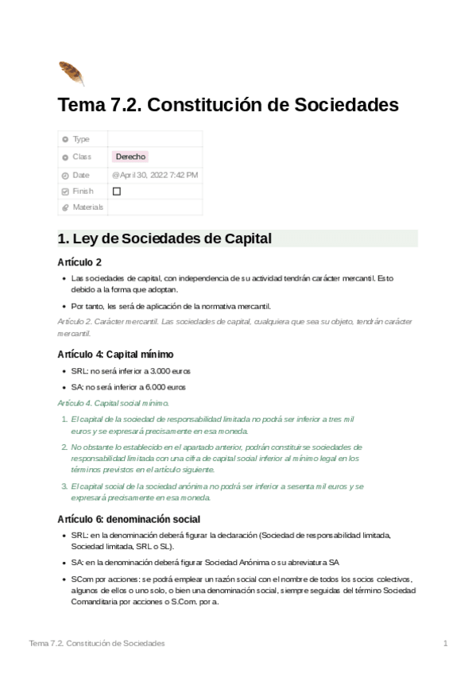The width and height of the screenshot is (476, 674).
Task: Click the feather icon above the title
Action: click(x=71, y=73)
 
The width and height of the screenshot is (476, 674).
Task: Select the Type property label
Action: click(x=81, y=139)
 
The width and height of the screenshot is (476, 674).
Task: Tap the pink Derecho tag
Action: click(x=130, y=157)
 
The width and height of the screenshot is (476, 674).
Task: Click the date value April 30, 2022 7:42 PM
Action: click(x=155, y=174)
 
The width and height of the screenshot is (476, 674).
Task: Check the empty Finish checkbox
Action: click(x=117, y=192)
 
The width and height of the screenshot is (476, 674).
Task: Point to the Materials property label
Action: click(x=88, y=207)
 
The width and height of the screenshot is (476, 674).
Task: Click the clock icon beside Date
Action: click(x=65, y=175)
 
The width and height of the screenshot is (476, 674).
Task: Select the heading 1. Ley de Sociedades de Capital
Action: click(x=164, y=238)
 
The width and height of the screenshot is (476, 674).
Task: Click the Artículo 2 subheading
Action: click(x=79, y=262)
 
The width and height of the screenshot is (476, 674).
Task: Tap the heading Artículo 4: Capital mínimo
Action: click(x=115, y=354)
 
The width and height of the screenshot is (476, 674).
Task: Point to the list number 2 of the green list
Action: click(x=63, y=447)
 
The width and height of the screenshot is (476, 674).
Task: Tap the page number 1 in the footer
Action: click(x=446, y=643)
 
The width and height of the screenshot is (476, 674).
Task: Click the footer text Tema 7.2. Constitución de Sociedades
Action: click(x=96, y=643)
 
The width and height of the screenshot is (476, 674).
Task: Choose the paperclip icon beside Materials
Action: click(x=65, y=208)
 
